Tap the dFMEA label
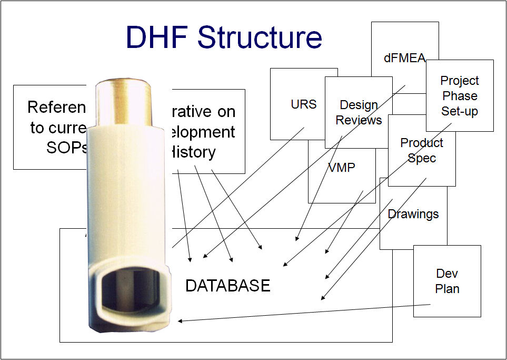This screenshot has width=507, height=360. pos(404,59)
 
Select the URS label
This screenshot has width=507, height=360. pos(304,104)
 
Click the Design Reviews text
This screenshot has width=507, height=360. pos(359,113)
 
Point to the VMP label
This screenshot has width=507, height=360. pos(342,168)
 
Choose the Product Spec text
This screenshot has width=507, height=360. pos(422,150)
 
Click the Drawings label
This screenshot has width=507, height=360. pos(413,214)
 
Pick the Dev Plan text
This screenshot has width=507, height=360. pos(447,281)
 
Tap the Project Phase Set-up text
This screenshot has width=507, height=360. pos(460,96)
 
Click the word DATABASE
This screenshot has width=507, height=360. pos(228,286)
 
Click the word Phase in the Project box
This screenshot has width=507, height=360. pos(460,96)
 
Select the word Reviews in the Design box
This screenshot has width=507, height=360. pos(359,120)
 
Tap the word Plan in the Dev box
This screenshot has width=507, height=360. pos(447,289)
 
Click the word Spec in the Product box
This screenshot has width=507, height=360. pos(422,158)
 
